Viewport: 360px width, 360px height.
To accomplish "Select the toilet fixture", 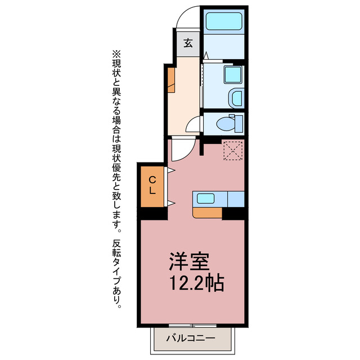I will (228, 121).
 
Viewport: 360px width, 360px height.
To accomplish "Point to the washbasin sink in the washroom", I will (237, 98).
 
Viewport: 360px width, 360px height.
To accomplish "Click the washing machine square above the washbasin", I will (231, 75).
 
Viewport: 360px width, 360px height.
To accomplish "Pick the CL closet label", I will (152, 185).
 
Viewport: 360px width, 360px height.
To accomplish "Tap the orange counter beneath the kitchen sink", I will (207, 213).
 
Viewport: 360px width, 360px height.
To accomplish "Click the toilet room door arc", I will (193, 125).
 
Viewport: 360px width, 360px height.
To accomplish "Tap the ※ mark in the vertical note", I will (117, 55).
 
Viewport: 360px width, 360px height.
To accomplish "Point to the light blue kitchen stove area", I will (236, 199).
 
